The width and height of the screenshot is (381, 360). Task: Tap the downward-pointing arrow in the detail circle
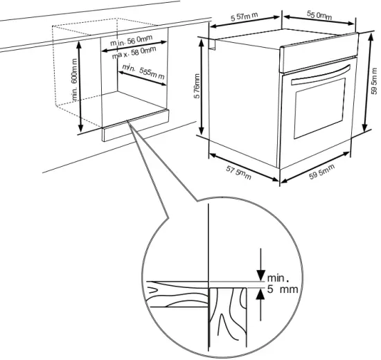point(261,267)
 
